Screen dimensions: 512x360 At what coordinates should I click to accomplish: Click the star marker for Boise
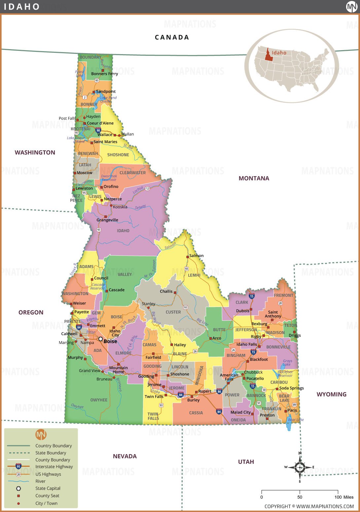click(x=100, y=339)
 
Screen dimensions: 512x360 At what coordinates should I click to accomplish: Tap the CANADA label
click(x=172, y=37)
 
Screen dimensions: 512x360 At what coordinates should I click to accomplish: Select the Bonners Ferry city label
click(x=104, y=74)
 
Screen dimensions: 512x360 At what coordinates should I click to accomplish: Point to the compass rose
click(x=300, y=467)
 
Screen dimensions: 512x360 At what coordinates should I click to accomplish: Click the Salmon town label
click(x=196, y=256)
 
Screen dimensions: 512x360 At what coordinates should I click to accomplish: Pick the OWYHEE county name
click(x=99, y=400)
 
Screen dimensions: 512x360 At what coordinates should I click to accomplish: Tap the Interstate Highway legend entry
click(x=54, y=467)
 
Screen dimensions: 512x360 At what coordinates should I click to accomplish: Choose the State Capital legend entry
click(x=48, y=488)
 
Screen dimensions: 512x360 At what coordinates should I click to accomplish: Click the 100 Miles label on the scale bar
click(x=344, y=497)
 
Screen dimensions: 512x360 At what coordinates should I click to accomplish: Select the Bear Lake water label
click(x=296, y=420)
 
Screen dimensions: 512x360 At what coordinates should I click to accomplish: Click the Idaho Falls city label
click(x=246, y=344)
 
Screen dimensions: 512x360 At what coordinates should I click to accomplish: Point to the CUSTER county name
click(x=173, y=312)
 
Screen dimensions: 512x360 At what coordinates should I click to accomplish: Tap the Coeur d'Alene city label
click(x=100, y=123)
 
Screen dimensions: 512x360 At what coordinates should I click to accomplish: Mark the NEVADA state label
click(x=125, y=456)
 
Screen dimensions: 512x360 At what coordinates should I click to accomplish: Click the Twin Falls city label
click(x=154, y=396)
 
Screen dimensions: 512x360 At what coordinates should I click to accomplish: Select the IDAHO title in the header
click(x=22, y=7)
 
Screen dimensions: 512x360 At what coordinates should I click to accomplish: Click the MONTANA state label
click(x=254, y=178)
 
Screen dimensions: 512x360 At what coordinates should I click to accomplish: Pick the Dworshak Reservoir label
click(x=109, y=178)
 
